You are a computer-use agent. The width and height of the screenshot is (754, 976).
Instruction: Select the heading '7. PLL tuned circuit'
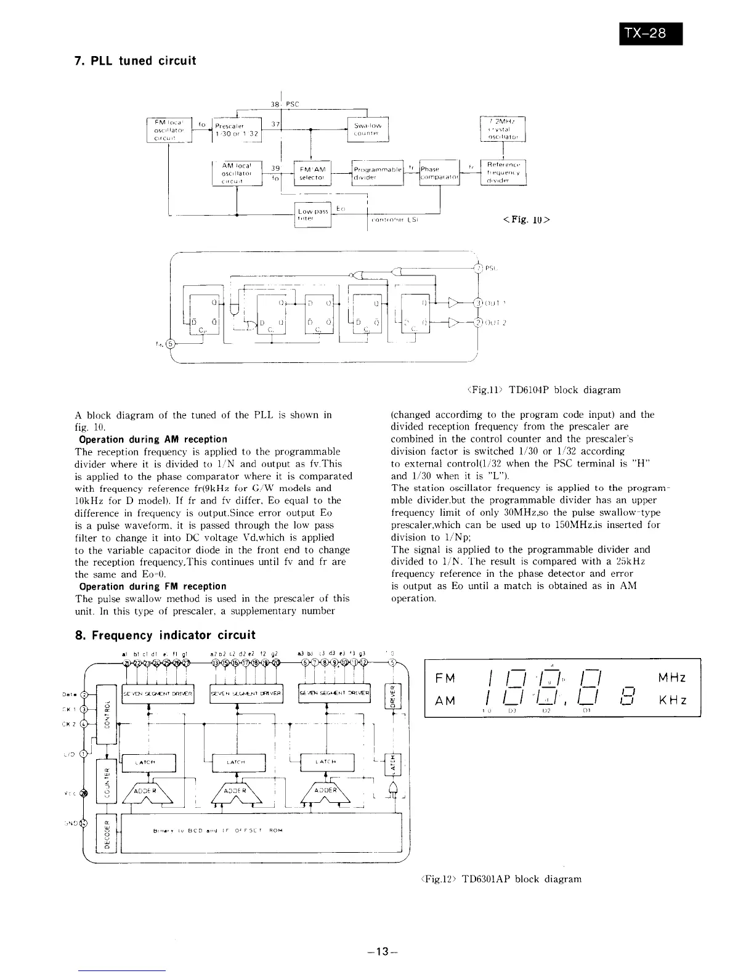[x=135, y=61]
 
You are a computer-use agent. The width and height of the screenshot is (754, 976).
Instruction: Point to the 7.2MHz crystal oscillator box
[x=502, y=129]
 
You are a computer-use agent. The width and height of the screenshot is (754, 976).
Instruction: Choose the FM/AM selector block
[x=314, y=173]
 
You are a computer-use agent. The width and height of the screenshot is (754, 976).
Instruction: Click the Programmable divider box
[x=376, y=173]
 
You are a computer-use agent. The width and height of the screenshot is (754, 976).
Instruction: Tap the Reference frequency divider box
[x=503, y=173]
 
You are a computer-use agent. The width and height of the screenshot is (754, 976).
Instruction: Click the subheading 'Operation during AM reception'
[x=153, y=439]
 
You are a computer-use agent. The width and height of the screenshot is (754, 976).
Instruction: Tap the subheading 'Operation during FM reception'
[x=153, y=586]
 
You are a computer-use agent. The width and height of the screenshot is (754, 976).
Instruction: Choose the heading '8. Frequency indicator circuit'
[x=164, y=635]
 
